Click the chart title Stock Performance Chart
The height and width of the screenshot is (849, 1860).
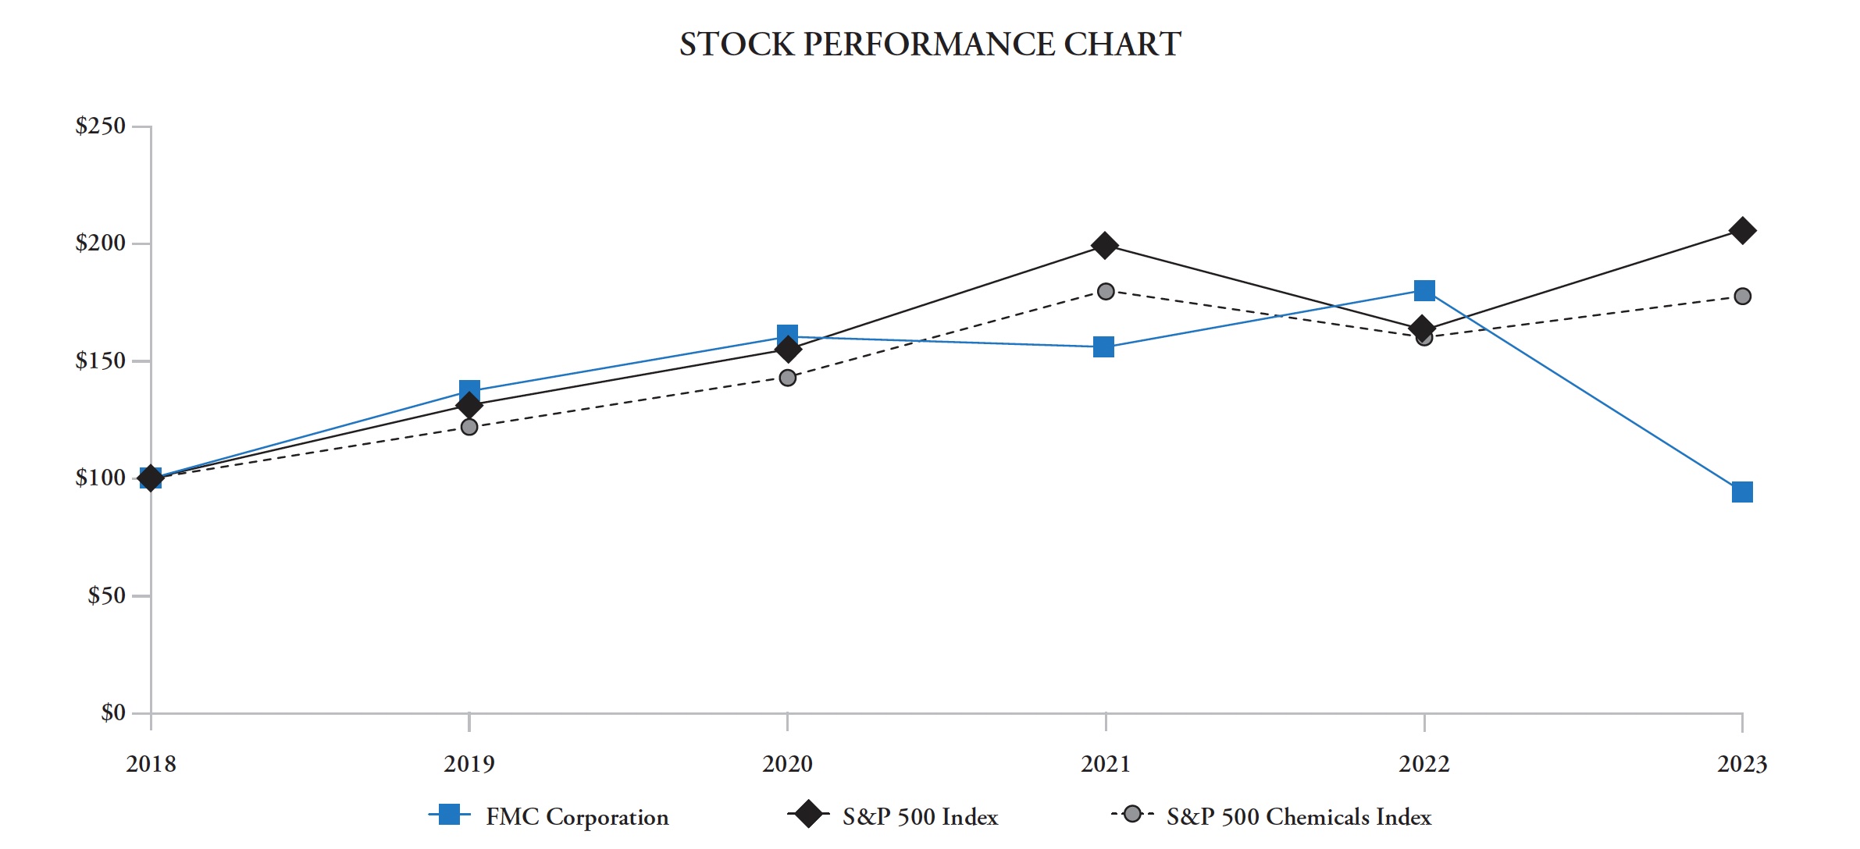pos(929,44)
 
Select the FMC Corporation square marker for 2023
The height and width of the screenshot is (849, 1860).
pos(1741,492)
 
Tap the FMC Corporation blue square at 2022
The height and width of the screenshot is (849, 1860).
pos(1424,291)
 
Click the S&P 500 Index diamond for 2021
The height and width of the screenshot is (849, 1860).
pos(1104,246)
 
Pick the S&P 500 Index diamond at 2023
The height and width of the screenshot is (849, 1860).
pos(1741,231)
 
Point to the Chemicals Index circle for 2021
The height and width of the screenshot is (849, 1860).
pos(1105,292)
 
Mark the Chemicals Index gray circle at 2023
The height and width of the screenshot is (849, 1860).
pos(1741,297)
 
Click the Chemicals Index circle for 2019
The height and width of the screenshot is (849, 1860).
pos(469,427)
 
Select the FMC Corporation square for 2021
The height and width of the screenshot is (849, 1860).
pos(1103,347)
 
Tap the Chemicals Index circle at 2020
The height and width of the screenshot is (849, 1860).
pos(787,378)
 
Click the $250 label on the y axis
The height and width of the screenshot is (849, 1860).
pos(100,126)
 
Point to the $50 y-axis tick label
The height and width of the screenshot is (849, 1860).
pos(106,596)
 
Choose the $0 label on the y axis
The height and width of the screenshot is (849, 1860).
pos(112,712)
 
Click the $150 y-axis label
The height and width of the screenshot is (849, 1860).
pos(100,361)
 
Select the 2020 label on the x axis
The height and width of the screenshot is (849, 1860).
pos(787,764)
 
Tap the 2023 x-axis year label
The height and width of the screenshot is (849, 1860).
pos(1741,764)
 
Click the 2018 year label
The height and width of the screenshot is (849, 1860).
pos(151,764)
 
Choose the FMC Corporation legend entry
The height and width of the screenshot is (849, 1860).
pos(576,817)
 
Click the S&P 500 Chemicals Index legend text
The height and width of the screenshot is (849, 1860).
pos(1298,817)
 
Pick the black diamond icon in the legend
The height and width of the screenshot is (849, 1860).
pos(808,815)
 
